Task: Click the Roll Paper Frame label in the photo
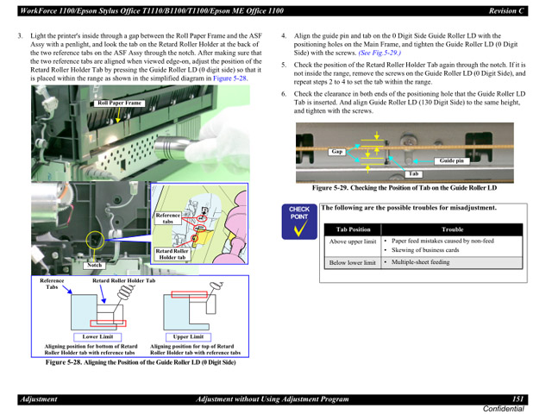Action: [119, 103]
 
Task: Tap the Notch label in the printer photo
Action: [95, 266]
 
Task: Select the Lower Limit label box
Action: [97, 337]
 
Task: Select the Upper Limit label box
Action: [188, 337]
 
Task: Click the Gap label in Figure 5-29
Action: [337, 152]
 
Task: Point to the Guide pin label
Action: [451, 160]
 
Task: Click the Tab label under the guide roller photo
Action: [390, 173]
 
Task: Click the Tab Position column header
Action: [353, 229]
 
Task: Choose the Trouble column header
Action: [452, 229]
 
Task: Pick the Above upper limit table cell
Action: [352, 242]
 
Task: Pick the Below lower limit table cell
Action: [352, 262]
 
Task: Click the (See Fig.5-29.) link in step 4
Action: [379, 53]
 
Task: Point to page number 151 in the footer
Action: [517, 399]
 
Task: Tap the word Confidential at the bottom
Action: [503, 408]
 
